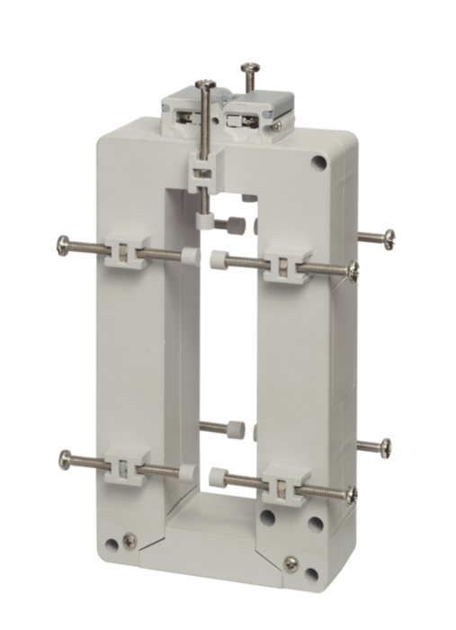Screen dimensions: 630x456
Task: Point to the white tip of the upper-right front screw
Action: [x=215, y=259]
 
